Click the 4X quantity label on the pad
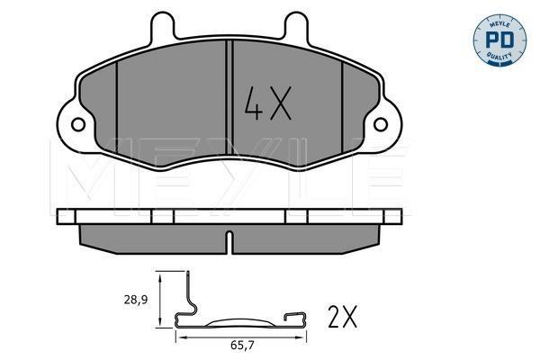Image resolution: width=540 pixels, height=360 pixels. pyautogui.click(x=268, y=103)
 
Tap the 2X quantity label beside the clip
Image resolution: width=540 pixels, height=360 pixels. pyautogui.click(x=342, y=317)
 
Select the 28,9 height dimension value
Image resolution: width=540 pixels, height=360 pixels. pyautogui.click(x=136, y=300)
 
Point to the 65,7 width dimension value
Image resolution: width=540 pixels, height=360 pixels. pyautogui.click(x=242, y=346)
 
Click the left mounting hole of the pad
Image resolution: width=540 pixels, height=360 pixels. pyautogui.click(x=78, y=124)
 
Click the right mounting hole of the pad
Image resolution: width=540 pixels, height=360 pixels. pyautogui.click(x=381, y=124)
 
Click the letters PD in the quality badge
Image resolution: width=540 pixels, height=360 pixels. pyautogui.click(x=499, y=40)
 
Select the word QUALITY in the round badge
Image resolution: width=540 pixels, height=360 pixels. pyautogui.click(x=499, y=56)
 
